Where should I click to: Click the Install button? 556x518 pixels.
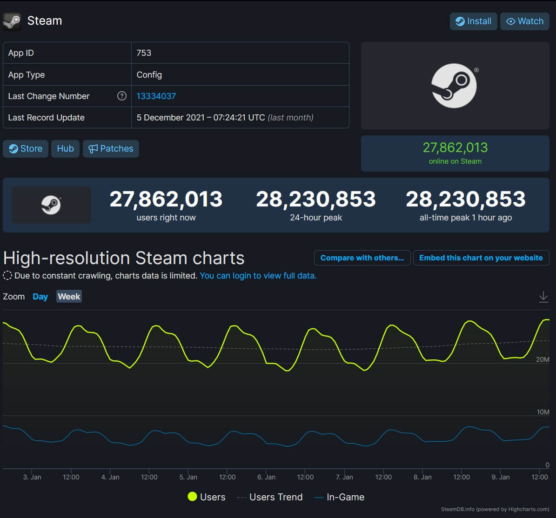[473, 21]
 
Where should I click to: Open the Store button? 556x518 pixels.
[26, 149]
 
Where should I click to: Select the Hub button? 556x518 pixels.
[65, 149]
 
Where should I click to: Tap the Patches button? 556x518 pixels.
[111, 149]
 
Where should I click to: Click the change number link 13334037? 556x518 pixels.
[156, 96]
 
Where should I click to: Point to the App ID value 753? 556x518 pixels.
[144, 53]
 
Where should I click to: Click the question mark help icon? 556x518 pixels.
[122, 96]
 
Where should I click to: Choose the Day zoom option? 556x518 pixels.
[40, 297]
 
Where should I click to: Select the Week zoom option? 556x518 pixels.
[69, 297]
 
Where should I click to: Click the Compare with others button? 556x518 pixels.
[362, 258]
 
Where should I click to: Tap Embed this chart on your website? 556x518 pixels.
[481, 258]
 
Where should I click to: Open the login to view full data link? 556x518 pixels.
[258, 276]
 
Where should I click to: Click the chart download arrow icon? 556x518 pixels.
[543, 297]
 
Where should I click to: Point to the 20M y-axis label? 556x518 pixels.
[543, 359]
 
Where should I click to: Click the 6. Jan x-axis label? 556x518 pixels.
[266, 477]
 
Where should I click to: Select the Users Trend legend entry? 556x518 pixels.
[270, 497]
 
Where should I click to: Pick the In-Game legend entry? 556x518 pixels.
[340, 497]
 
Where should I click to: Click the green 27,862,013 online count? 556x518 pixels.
[455, 148]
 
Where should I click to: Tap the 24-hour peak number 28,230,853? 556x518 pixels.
[315, 199]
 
